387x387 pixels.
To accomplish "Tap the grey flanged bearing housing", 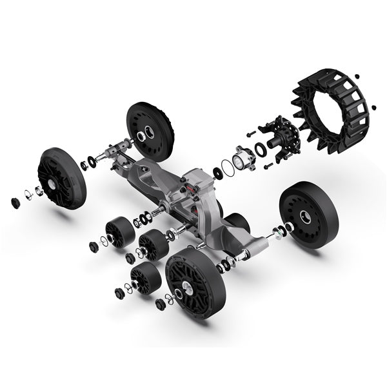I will [243, 157].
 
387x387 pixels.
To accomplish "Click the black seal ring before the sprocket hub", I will [259, 149].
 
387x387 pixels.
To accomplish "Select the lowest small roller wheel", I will [145, 278].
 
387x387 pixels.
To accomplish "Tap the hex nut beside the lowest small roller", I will [119, 293].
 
